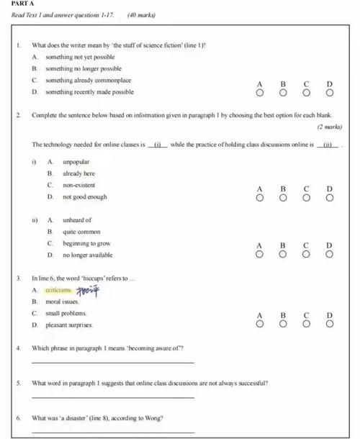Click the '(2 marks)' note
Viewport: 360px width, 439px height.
329,127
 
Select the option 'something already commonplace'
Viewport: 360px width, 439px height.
88,80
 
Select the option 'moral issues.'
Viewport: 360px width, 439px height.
66,302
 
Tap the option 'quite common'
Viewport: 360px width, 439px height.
81,232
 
